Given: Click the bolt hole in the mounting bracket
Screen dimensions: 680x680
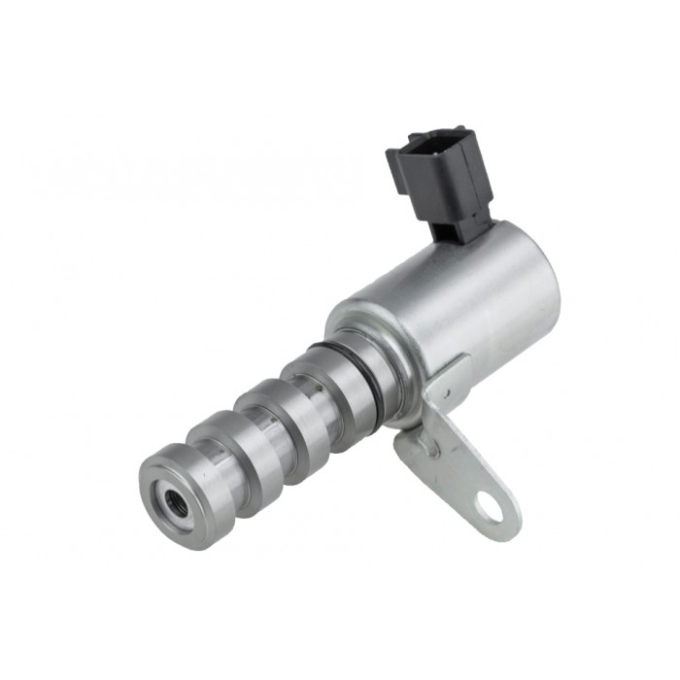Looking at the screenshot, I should click(x=490, y=507).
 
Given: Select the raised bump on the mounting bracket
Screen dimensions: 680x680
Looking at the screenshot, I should click(x=426, y=446).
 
